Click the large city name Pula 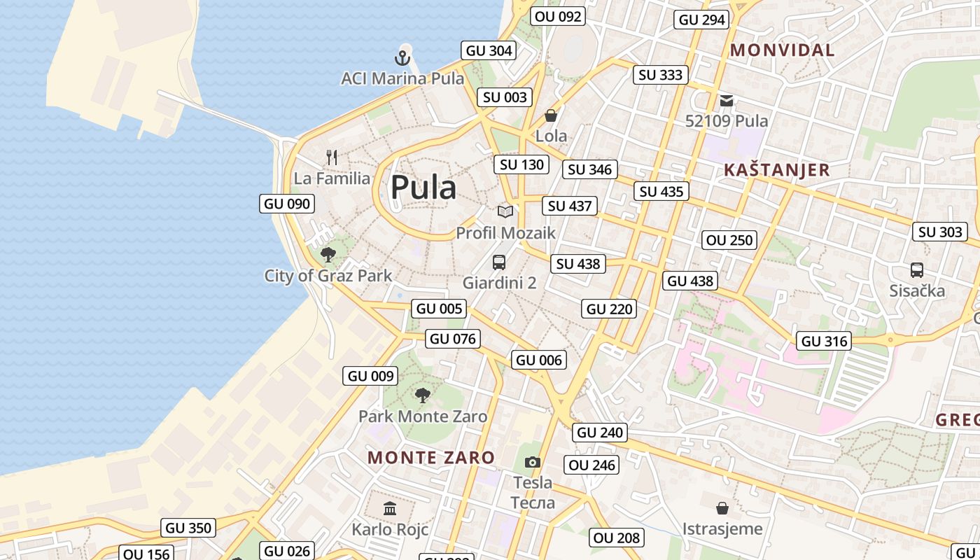tap(423, 188)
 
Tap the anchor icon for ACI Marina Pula tap(402, 57)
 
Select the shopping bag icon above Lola tap(551, 115)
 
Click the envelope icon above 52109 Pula tap(727, 101)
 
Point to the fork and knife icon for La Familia tap(332, 157)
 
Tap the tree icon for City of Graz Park tap(328, 255)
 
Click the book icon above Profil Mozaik tap(505, 211)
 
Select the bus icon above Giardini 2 tap(499, 262)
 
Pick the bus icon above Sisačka tap(917, 269)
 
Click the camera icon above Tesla tap(533, 462)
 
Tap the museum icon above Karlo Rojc tap(390, 508)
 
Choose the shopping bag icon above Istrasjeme tap(722, 507)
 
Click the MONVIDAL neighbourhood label tap(782, 50)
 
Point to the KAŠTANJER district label tap(776, 170)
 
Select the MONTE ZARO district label tap(431, 458)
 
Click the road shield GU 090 tap(287, 204)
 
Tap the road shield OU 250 tap(730, 240)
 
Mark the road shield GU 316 tap(825, 341)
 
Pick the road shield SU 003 tap(505, 97)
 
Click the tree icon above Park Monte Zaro tap(423, 395)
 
